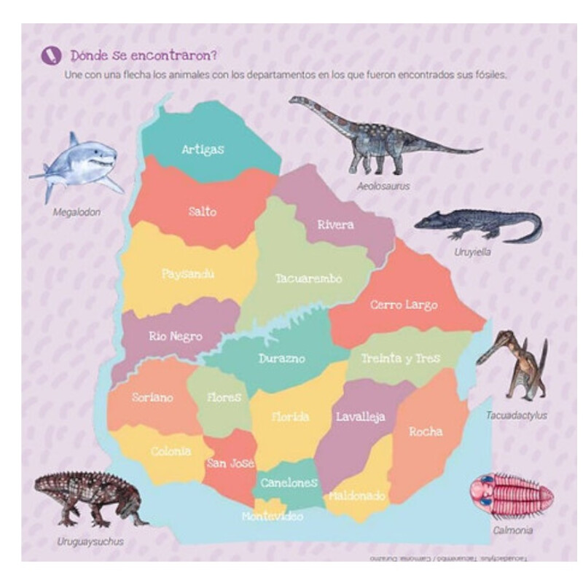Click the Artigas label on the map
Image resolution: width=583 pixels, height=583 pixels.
pos(203,149)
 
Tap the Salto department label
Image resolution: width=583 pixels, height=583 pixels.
pos(202,211)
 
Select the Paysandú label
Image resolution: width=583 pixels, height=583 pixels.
pos(188,274)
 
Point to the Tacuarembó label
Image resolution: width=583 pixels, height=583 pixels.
pos(308,278)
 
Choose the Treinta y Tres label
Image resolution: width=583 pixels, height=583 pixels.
pos(401,359)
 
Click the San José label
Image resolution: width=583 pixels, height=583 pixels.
pos(230,463)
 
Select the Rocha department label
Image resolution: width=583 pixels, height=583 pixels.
pos(426,431)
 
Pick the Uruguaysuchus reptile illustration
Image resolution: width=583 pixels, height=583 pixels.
pos(87,499)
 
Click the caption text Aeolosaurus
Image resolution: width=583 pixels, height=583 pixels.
pos(383,186)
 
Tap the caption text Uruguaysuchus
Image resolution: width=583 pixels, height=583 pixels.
pos(90,541)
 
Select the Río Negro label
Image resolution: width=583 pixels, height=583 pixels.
pos(176,337)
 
